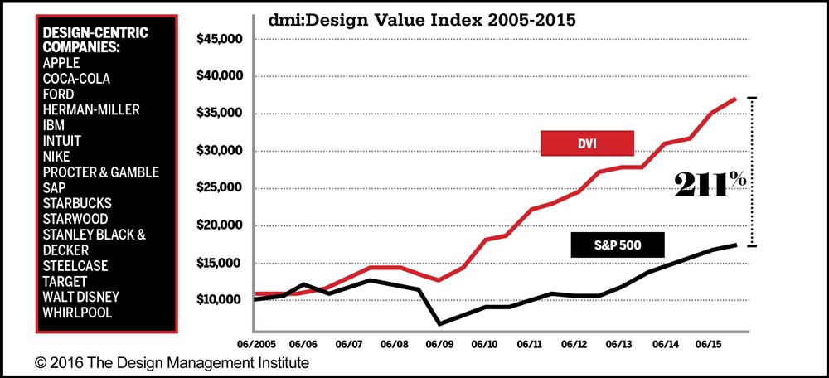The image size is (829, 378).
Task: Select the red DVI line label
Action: (x=587, y=143)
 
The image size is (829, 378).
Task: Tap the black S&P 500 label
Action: (x=618, y=245)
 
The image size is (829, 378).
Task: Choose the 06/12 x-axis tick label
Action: (x=574, y=342)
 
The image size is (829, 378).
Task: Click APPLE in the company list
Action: (x=61, y=62)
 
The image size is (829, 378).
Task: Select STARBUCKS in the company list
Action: (x=76, y=203)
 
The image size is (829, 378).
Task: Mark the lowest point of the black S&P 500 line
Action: (x=439, y=323)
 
